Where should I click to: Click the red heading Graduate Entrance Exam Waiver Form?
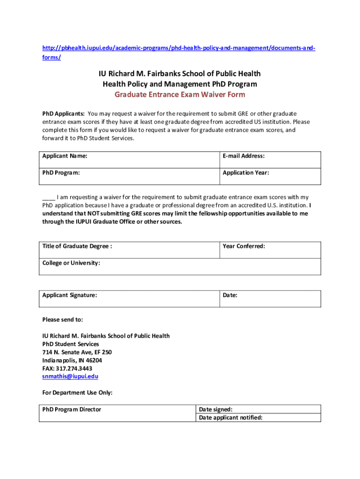point(180,94)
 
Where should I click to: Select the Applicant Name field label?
point(65,156)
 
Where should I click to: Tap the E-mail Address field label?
point(243,156)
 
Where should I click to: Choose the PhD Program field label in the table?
point(61,173)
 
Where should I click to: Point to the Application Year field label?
point(245,173)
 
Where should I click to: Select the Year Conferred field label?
point(244,246)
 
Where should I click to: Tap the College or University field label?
point(71,263)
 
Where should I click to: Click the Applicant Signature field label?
point(70,295)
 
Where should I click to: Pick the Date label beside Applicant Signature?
point(230,295)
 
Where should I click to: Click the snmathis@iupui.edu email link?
point(70,376)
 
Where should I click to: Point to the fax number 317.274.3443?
point(74,368)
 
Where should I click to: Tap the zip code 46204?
point(93,360)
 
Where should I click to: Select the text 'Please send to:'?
point(63,319)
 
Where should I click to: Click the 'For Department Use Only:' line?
point(77,392)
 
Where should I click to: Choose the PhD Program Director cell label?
point(72,409)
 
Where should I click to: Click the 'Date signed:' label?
point(216,409)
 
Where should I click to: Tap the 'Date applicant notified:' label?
point(230,417)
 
